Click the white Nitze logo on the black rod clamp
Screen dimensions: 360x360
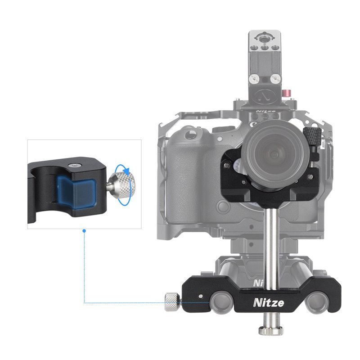[x=268, y=303]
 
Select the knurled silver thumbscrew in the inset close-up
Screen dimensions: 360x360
[x=121, y=185]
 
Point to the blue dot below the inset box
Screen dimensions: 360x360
[x=84, y=231]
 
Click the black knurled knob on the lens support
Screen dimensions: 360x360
[x=312, y=136]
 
